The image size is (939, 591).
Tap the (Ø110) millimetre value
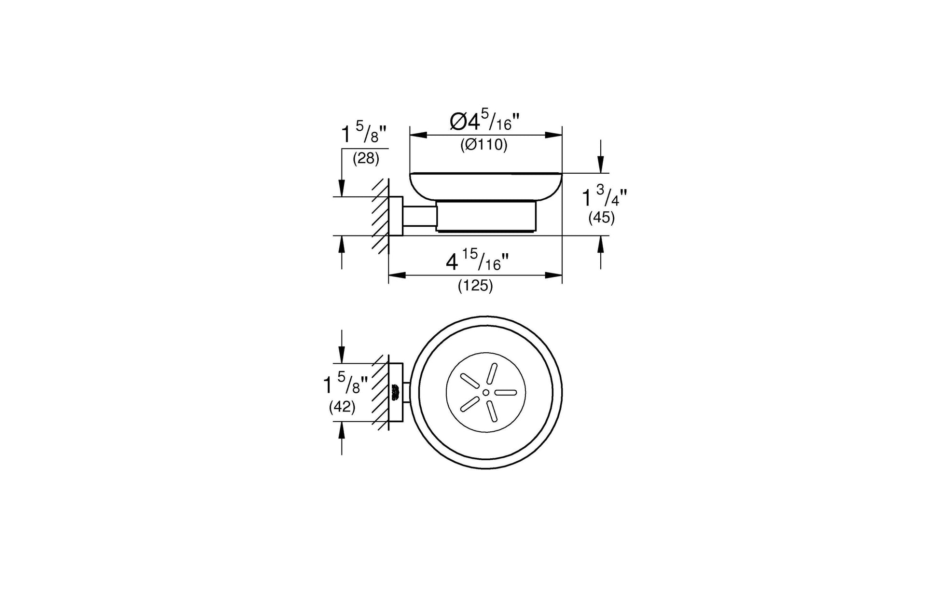coord(484,145)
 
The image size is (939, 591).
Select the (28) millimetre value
coord(366,158)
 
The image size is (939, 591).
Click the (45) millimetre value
coord(601,218)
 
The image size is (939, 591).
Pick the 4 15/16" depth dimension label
coord(478,262)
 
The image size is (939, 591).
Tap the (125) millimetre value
coord(475,286)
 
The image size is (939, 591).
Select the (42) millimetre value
coord(342,408)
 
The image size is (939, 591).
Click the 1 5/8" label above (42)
coord(345,385)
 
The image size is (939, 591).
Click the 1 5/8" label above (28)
coord(364,134)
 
